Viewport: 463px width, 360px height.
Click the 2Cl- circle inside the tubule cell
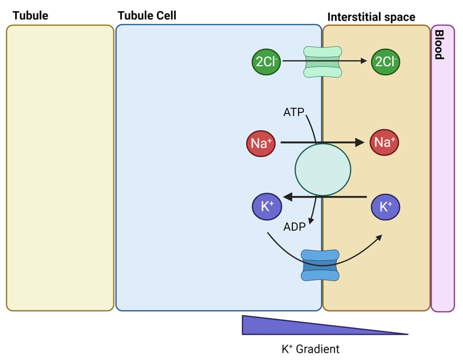click(x=266, y=62)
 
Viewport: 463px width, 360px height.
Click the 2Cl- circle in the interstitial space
click(x=386, y=62)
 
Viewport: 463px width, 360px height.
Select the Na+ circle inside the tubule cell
click(x=261, y=143)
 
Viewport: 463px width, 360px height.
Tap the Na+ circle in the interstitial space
click(x=384, y=142)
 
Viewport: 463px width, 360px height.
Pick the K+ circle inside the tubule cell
click(x=267, y=206)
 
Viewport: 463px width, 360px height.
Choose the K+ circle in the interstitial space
click(x=386, y=207)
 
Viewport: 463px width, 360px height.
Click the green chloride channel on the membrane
click(x=323, y=62)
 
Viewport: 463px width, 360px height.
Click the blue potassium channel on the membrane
click(x=320, y=266)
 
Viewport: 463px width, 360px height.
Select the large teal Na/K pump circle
click(x=323, y=170)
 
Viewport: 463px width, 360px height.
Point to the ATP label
click(x=294, y=112)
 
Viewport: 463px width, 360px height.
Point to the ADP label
click(x=295, y=227)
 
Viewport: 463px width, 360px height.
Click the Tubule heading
click(x=30, y=16)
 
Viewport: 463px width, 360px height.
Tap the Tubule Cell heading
click(x=147, y=15)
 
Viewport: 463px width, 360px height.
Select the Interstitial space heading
click(x=371, y=17)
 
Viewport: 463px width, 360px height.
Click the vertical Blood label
click(x=439, y=45)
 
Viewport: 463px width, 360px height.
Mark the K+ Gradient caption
click(x=310, y=349)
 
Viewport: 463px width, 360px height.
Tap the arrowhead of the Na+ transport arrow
click(x=360, y=143)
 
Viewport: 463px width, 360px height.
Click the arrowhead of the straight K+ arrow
click(x=287, y=197)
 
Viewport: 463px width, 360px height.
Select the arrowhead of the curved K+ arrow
click(x=379, y=238)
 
